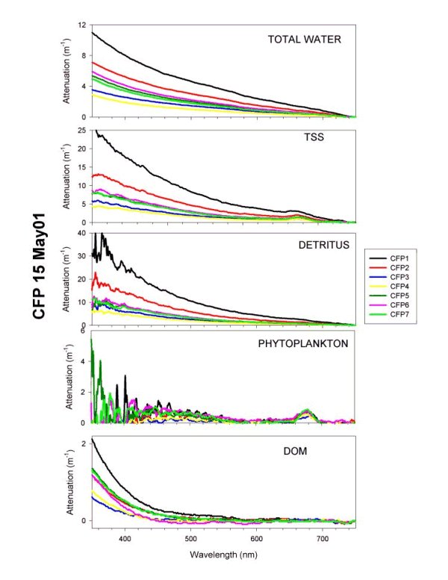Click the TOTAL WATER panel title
click(305, 39)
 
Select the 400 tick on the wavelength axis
click(125, 538)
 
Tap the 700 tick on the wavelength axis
click(322, 538)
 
